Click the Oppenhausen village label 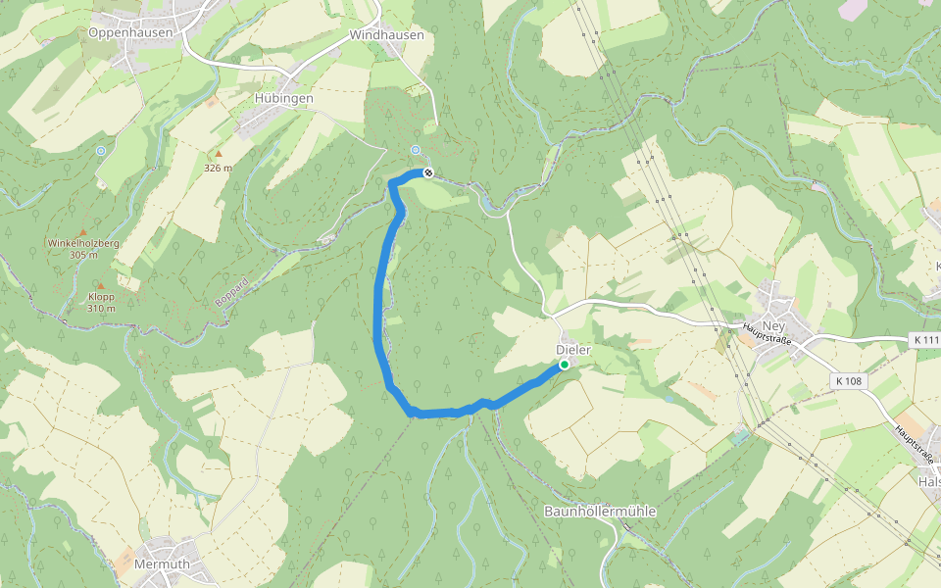[x=130, y=32]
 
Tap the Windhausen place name [x=386, y=34]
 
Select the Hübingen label [x=283, y=99]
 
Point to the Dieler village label [x=572, y=350]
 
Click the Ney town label [x=774, y=326]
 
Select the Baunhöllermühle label [x=600, y=512]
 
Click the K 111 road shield [x=924, y=340]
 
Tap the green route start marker [x=565, y=366]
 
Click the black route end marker [x=427, y=173]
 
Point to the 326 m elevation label [x=218, y=168]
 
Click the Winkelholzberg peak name [x=83, y=243]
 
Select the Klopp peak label [x=101, y=297]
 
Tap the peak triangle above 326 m [x=219, y=154]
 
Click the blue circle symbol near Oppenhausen [x=101, y=151]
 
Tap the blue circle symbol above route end [x=416, y=150]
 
